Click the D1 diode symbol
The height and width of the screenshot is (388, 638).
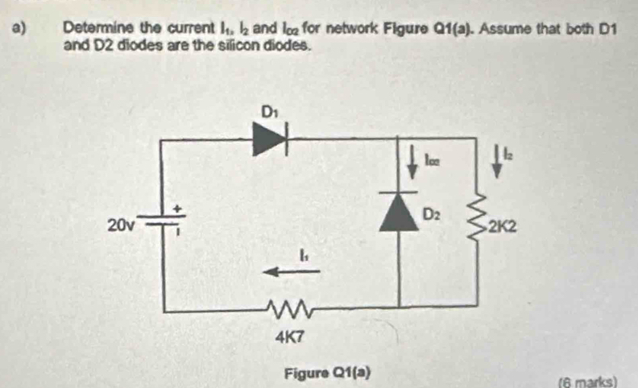coord(270,140)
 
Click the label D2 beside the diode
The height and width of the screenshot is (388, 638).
coord(433,214)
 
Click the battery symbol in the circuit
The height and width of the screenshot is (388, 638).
coord(166,220)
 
